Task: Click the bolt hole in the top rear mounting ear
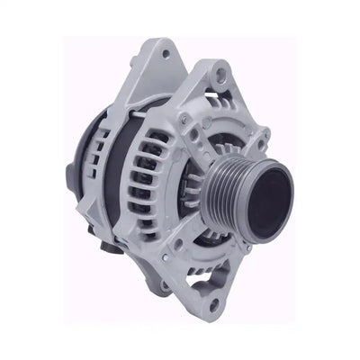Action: pyautogui.click(x=166, y=55)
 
